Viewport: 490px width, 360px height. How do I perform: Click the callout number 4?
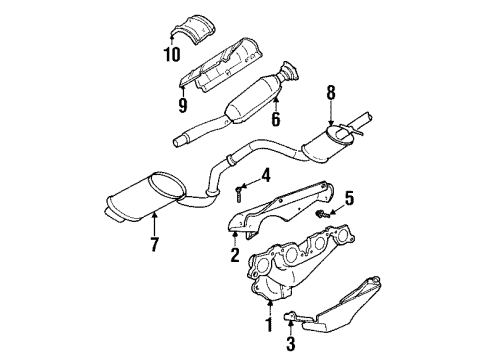[265, 176]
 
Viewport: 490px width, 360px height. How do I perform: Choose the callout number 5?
[350, 197]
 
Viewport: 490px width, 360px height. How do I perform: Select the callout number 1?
[267, 326]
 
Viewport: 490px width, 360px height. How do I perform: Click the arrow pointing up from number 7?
[156, 225]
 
